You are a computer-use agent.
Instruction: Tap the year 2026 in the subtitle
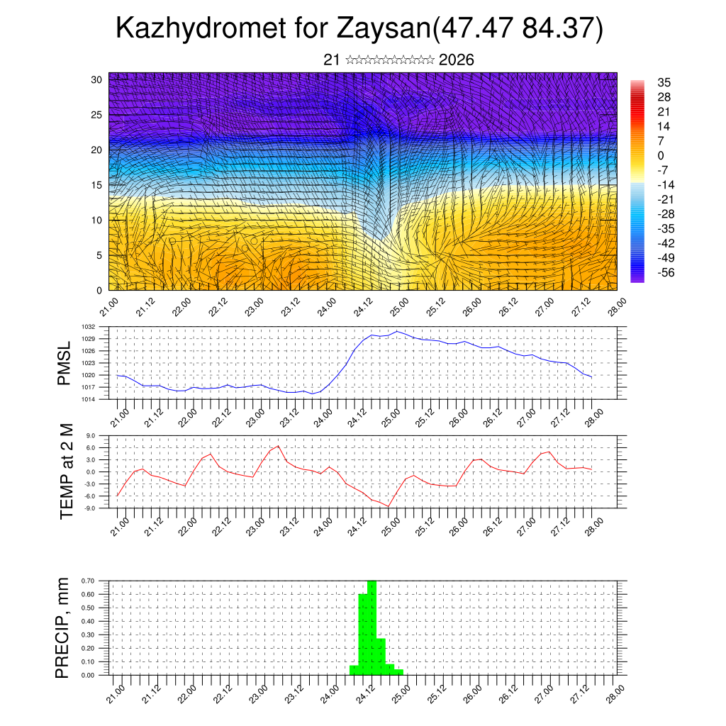coord(457,60)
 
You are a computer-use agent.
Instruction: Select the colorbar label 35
coord(664,82)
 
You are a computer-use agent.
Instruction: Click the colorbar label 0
coord(661,155)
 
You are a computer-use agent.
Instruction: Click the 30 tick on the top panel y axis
coord(96,79)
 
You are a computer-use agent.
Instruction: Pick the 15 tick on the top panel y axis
coord(96,185)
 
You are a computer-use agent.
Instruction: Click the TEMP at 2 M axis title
coord(67,471)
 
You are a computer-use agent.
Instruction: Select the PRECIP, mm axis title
coord(63,627)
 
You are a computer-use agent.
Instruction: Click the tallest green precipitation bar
coord(372,624)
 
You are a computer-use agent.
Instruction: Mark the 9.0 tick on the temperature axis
coord(91,436)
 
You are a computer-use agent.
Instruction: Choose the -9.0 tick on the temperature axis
coord(90,508)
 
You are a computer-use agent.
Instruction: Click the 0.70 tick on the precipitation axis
coord(88,581)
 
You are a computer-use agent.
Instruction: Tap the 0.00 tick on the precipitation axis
coord(88,675)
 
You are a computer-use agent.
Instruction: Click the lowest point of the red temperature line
coord(388,506)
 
